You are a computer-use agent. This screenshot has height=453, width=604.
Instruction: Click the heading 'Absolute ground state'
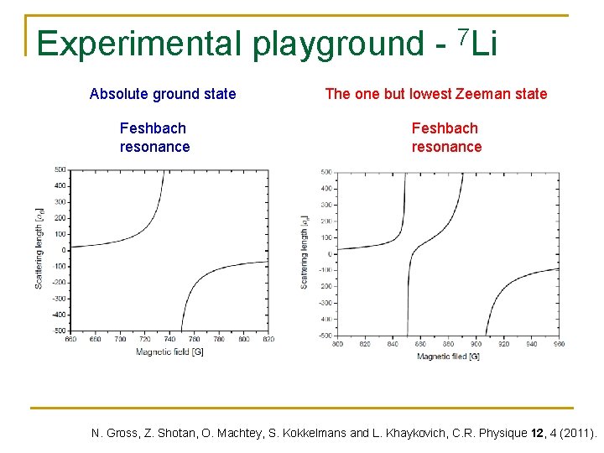point(163,94)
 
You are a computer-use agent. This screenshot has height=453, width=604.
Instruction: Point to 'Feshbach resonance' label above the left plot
point(154,138)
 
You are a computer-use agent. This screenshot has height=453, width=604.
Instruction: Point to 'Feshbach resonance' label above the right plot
point(446,138)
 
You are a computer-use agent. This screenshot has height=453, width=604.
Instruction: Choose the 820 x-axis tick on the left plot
point(268,340)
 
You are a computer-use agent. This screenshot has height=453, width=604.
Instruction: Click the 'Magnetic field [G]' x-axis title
point(169,351)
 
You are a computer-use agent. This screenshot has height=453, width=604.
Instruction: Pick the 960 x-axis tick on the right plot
point(558,344)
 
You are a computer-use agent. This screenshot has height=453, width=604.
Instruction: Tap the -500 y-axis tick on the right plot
point(324,336)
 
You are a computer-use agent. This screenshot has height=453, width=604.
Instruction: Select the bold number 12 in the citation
point(537,434)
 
